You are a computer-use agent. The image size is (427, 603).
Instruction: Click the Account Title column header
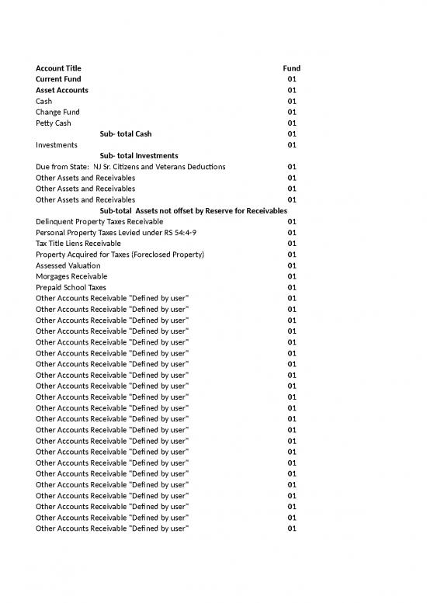click(58, 68)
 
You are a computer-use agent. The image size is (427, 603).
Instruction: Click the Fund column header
click(291, 68)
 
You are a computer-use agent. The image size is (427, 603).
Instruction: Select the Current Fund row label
click(58, 79)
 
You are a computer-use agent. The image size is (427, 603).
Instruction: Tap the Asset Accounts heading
click(62, 90)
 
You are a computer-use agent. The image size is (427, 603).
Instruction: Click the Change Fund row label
click(57, 112)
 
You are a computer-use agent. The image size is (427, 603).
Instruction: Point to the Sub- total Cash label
click(131, 133)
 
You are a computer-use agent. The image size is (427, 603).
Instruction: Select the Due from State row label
click(130, 167)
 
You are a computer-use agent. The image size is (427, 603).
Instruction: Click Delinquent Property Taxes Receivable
click(99, 221)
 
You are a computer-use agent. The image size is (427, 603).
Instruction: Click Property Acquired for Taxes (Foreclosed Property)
click(120, 254)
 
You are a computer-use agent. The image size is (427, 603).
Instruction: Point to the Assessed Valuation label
click(68, 265)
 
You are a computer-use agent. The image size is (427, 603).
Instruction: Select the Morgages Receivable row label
click(71, 276)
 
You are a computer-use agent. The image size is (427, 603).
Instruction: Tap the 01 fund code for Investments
click(292, 144)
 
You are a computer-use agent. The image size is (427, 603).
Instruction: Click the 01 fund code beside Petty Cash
click(292, 123)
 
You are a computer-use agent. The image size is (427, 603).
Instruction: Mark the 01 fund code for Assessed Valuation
click(292, 265)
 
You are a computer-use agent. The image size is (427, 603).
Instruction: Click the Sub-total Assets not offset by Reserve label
click(193, 210)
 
